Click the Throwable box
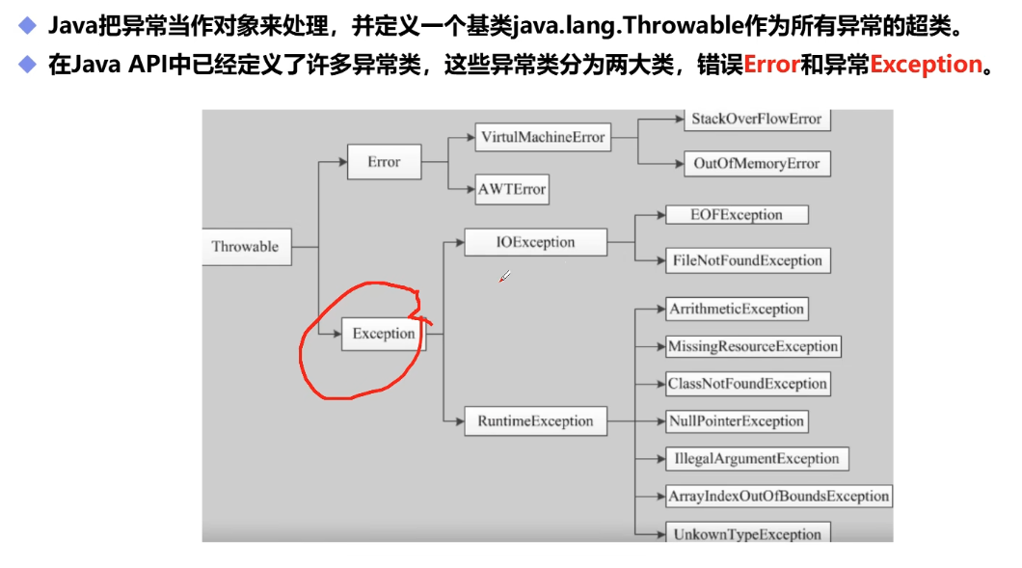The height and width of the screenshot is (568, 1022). click(246, 247)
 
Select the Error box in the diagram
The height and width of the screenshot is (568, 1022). click(384, 162)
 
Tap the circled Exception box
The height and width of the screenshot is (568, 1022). click(384, 334)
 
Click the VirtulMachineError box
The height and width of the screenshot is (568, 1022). click(543, 137)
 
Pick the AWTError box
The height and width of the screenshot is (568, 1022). click(512, 189)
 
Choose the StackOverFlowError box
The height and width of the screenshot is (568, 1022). click(756, 120)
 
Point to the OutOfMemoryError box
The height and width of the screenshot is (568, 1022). click(756, 164)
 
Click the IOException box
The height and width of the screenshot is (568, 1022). click(535, 242)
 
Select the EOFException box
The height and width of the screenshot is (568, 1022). click(737, 214)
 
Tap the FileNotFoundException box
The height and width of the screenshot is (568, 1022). click(747, 260)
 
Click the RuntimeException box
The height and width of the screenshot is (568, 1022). click(535, 420)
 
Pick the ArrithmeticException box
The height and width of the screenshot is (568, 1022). click(736, 309)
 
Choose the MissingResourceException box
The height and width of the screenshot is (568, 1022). click(753, 346)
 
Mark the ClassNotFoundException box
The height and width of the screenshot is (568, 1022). click(747, 384)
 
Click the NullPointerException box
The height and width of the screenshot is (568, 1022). click(736, 421)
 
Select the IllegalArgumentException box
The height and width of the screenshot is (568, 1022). click(757, 459)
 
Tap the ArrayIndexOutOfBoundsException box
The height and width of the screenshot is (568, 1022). click(778, 497)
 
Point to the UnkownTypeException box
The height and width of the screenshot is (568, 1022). click(747, 533)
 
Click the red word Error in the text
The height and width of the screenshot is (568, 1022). click(771, 65)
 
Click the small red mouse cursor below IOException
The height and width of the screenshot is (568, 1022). click(503, 278)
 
